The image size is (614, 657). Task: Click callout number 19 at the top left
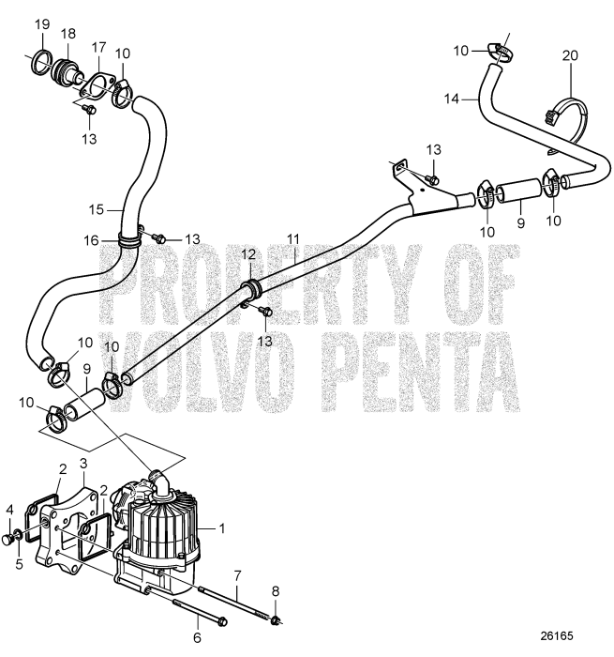(x=42, y=23)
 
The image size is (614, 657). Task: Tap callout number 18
(x=67, y=34)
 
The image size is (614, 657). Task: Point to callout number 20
(x=570, y=55)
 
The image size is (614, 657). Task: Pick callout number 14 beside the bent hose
(x=452, y=98)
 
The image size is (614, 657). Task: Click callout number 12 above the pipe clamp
(x=248, y=255)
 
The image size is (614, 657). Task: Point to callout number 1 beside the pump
(x=222, y=528)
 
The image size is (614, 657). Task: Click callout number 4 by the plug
(x=10, y=510)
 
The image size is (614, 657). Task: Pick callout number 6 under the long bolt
(x=196, y=636)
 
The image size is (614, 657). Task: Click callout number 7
(x=238, y=573)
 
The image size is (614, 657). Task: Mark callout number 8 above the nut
(x=276, y=590)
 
